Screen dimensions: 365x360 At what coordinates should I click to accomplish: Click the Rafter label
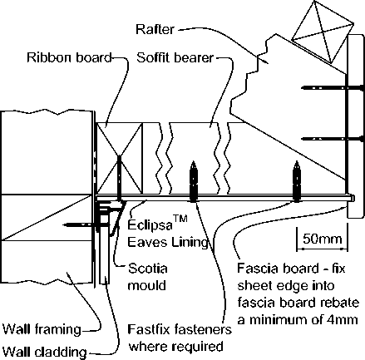(x=155, y=29)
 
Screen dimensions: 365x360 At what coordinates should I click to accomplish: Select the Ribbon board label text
(x=69, y=57)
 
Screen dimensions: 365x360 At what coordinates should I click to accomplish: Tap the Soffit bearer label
(x=175, y=58)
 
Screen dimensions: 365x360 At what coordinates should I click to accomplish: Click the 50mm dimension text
(x=322, y=239)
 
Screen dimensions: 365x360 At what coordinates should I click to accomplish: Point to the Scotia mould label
(x=147, y=277)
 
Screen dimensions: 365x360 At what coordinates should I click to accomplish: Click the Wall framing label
(x=42, y=329)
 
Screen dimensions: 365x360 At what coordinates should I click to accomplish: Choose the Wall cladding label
(x=45, y=352)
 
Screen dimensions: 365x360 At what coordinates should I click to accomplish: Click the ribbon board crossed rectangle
(x=119, y=158)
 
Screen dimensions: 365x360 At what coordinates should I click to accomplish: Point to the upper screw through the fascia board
(x=333, y=87)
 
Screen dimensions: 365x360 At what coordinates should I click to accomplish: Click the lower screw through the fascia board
(x=333, y=139)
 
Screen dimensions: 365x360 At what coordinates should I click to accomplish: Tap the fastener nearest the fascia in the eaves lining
(x=297, y=181)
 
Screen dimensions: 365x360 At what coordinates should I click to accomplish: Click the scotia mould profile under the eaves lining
(x=111, y=218)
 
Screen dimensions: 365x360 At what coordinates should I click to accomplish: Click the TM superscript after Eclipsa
(x=180, y=219)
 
